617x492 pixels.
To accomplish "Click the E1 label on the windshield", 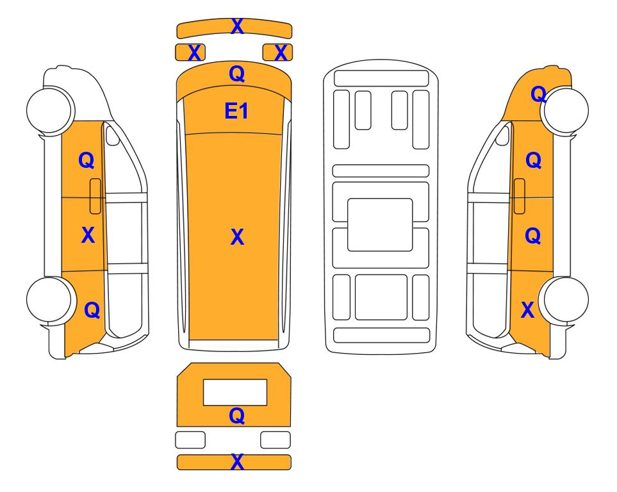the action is [236, 111].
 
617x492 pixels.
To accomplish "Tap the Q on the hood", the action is [236, 74].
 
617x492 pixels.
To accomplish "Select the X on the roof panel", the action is [237, 236].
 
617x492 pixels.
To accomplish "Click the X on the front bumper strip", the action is [237, 26].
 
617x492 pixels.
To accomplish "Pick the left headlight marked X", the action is [190, 53].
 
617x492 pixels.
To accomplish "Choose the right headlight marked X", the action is [277, 53].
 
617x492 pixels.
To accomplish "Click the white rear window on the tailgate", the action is [235, 392].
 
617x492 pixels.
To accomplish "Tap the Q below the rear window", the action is [236, 415].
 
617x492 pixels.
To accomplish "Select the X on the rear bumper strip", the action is [237, 462].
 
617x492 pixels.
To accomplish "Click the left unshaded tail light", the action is [190, 439].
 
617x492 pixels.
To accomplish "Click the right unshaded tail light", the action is [276, 439].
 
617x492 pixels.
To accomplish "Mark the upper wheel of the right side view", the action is [565, 110].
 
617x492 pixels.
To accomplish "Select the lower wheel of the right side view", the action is [565, 300].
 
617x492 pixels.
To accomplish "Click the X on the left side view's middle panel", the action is [88, 235].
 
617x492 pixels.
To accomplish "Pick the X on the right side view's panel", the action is [527, 310].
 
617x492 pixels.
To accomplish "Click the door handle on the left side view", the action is [95, 196].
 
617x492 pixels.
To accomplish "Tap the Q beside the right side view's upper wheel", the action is [538, 94].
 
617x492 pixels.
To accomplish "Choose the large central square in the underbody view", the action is [380, 225].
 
